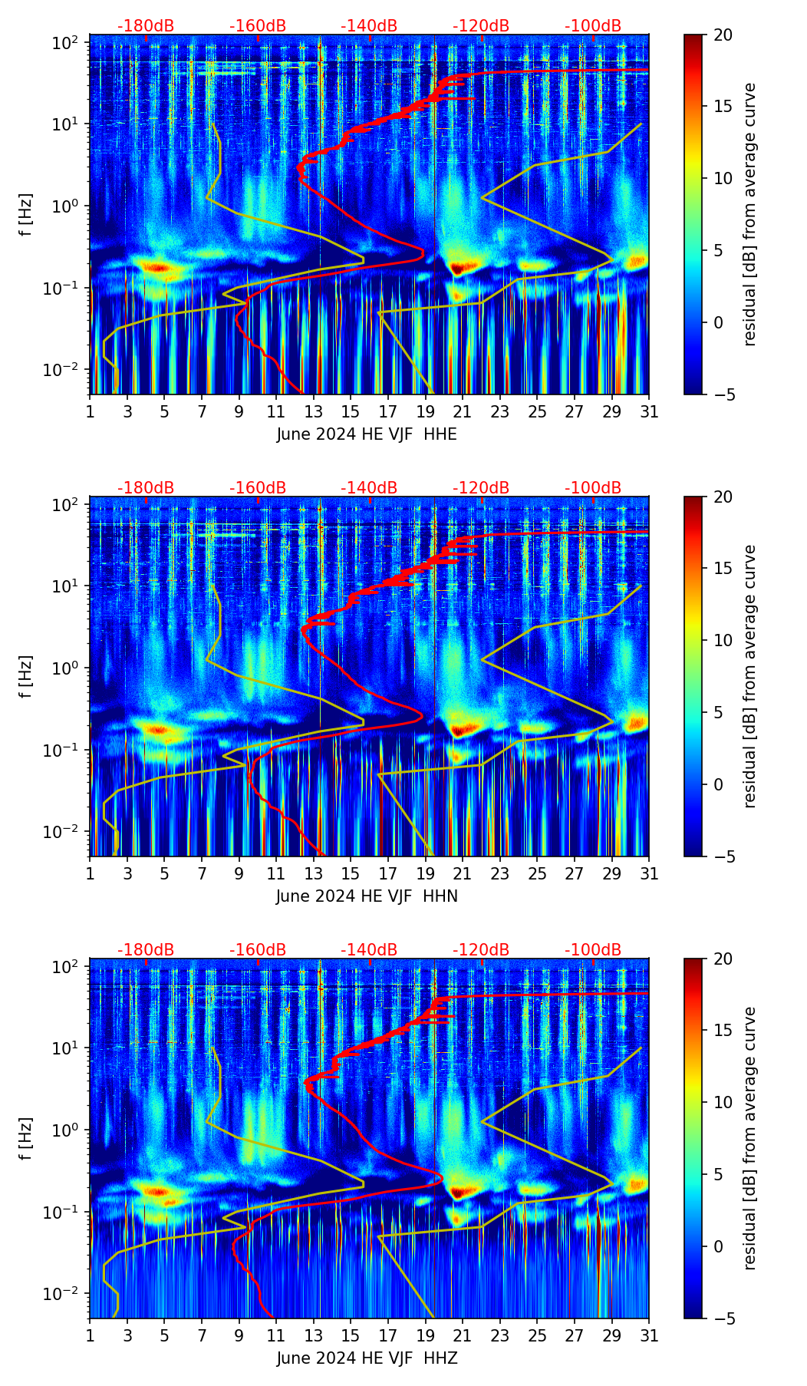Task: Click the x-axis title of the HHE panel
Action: click(367, 434)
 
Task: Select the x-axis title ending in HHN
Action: click(367, 896)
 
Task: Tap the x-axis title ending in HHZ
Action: click(367, 1358)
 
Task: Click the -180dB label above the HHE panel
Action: click(146, 26)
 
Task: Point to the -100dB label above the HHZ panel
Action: click(593, 950)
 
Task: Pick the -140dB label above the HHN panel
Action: click(369, 488)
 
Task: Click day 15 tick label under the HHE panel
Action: click(351, 411)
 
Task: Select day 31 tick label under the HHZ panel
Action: click(649, 1335)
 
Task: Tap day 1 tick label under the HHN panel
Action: click(90, 873)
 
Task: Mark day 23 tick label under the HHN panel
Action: click(499, 873)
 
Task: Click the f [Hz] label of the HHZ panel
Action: click(26, 1138)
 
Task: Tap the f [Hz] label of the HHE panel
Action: click(26, 214)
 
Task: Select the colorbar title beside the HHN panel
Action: click(750, 676)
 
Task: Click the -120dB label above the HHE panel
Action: click(481, 26)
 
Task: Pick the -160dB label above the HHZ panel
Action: click(258, 950)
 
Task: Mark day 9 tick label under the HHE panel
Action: click(239, 411)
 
